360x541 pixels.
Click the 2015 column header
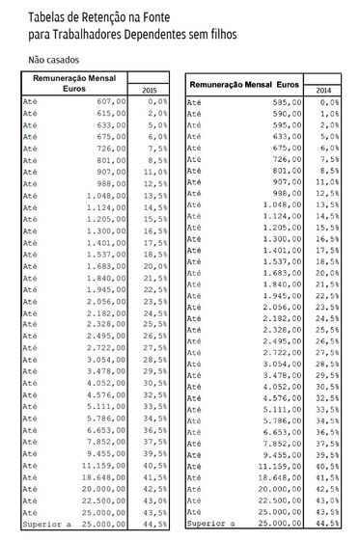point(149,89)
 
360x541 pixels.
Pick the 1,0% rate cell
point(328,113)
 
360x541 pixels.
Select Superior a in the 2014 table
point(209,525)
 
